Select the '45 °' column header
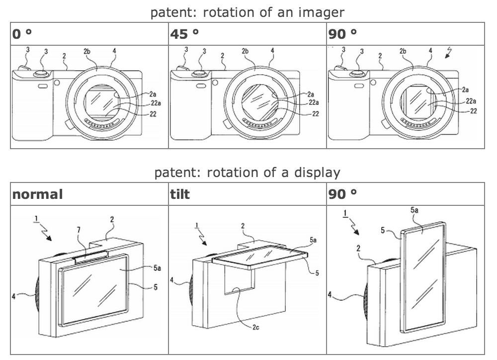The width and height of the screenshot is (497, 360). pos(184,34)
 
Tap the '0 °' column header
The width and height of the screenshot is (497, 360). pos(23,34)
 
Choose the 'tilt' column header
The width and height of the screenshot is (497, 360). pos(179,194)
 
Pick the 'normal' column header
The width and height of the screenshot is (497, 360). pos(38,194)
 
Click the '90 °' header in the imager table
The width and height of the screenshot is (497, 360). pos(343,34)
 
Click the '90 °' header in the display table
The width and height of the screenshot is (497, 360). pos(343,194)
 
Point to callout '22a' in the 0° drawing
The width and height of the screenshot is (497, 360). pos(155,103)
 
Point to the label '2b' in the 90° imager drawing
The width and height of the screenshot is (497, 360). pos(403,51)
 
